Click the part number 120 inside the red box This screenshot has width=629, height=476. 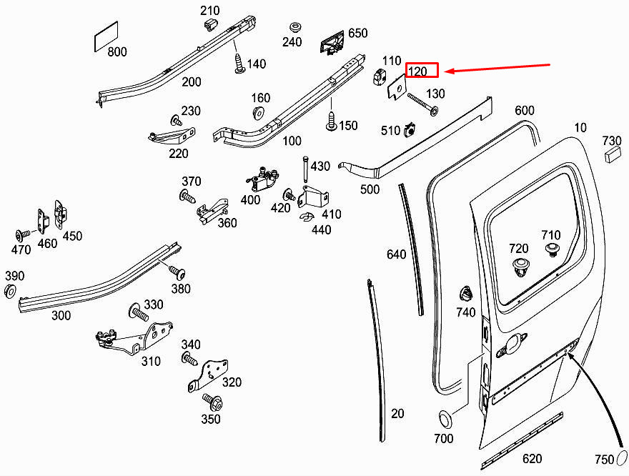417,71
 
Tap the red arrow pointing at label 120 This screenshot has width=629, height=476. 497,67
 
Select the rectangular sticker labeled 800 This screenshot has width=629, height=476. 107,36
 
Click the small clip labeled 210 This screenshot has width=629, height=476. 210,24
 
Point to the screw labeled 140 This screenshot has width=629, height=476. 239,64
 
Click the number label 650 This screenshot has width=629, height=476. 358,33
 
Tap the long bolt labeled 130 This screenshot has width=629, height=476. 423,104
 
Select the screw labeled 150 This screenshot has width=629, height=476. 332,122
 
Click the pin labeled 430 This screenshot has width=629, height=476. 306,169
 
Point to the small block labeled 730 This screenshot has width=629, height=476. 613,154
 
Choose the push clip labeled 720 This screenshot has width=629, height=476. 521,267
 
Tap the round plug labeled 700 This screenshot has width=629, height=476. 446,420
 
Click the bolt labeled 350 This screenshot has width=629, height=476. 212,402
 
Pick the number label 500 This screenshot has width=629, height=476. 370,189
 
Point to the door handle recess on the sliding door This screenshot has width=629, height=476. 512,345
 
